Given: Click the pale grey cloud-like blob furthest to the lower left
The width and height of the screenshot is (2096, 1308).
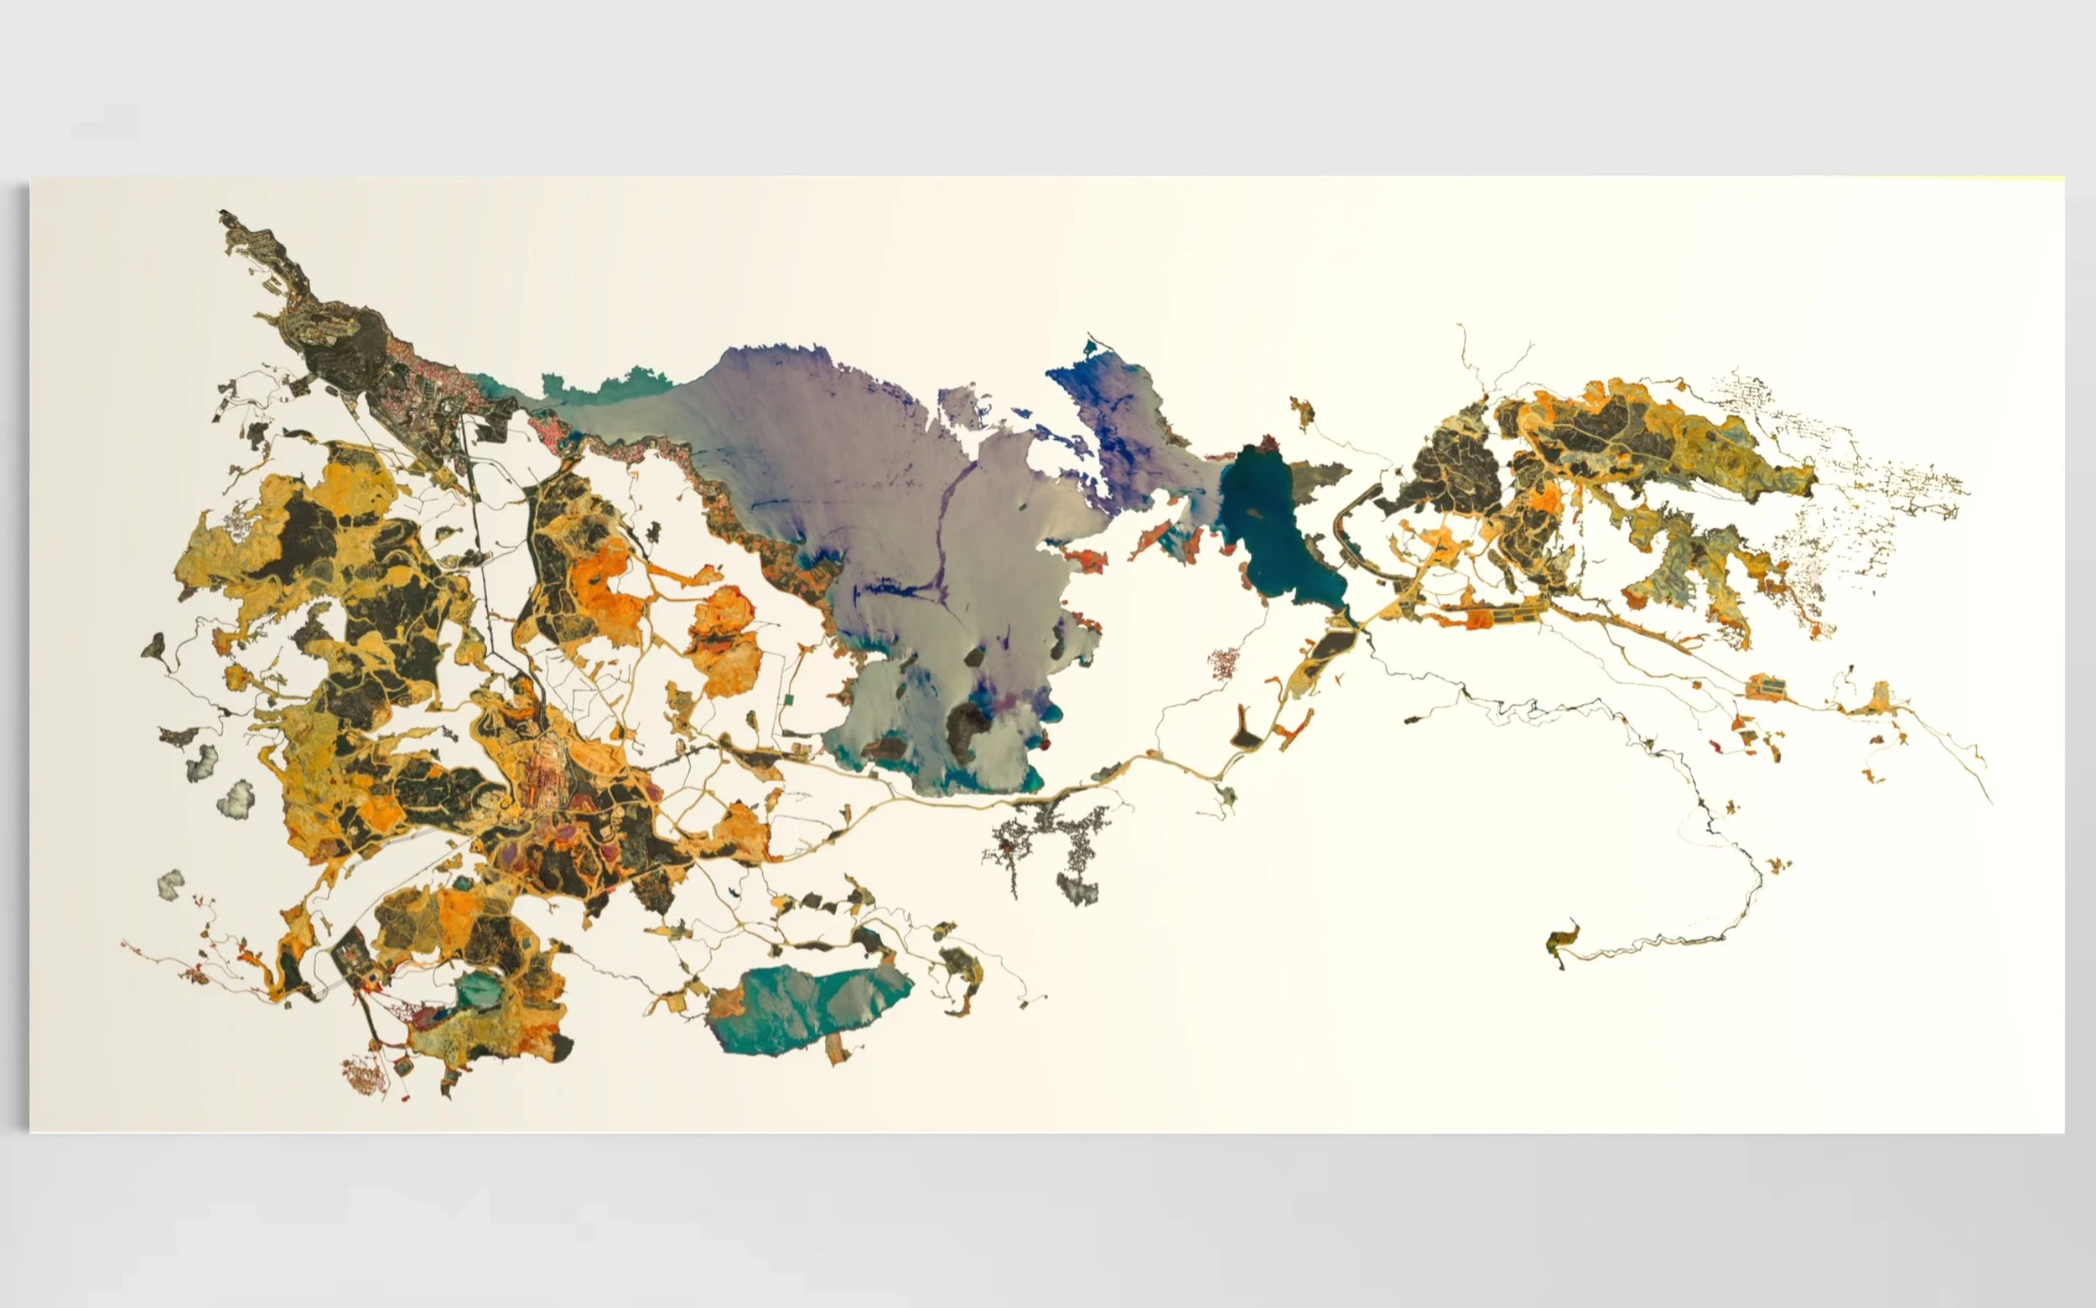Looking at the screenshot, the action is pyautogui.click(x=170, y=883).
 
